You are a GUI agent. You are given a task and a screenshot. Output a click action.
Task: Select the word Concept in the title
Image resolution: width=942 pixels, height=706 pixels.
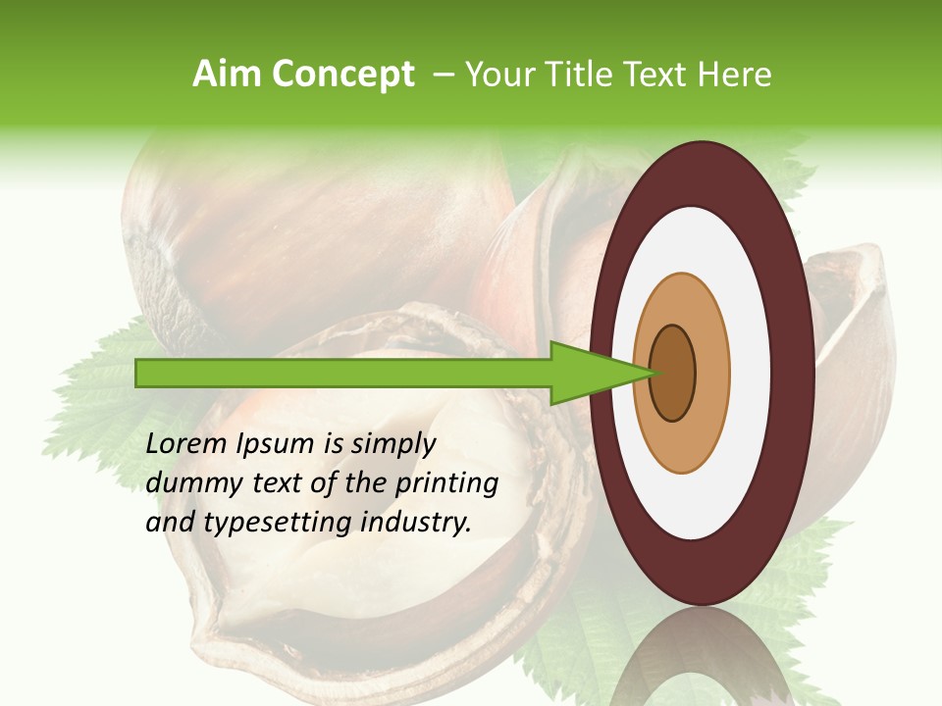[x=341, y=75]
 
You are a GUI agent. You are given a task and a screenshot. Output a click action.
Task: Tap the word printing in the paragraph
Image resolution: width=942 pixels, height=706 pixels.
[x=446, y=483]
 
